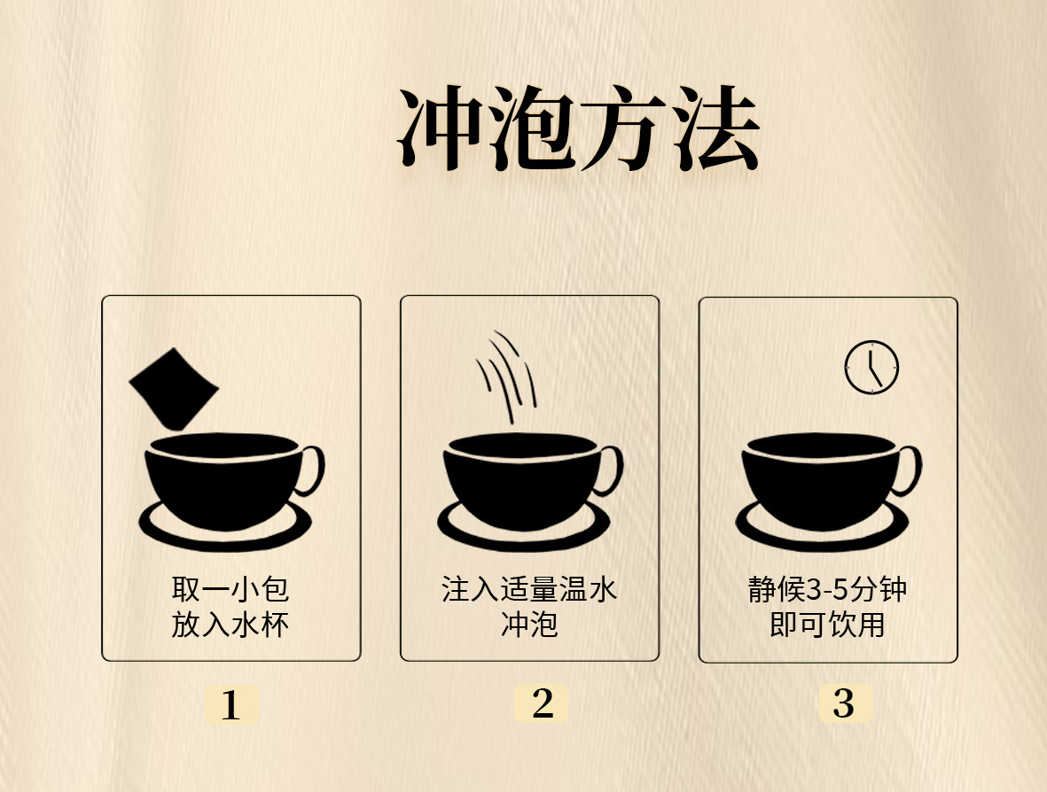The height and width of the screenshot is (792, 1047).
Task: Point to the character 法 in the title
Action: tap(715, 130)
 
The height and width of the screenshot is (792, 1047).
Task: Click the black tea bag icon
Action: tap(173, 388)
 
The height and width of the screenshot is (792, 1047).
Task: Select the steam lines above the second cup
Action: tap(507, 376)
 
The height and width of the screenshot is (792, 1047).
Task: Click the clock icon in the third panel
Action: tap(871, 367)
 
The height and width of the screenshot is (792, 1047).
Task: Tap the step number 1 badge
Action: tap(230, 705)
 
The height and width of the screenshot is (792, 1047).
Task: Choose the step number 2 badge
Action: tap(542, 703)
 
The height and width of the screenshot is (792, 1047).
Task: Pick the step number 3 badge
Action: tap(844, 703)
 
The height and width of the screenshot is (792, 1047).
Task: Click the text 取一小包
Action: tap(230, 589)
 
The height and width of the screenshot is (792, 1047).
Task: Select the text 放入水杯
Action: tap(230, 625)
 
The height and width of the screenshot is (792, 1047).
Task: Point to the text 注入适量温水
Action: tap(529, 589)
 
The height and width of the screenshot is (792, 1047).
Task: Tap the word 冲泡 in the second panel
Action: tap(529, 625)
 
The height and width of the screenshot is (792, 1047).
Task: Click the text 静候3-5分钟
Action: tap(827, 589)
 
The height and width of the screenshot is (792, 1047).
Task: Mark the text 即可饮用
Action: tap(827, 625)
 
